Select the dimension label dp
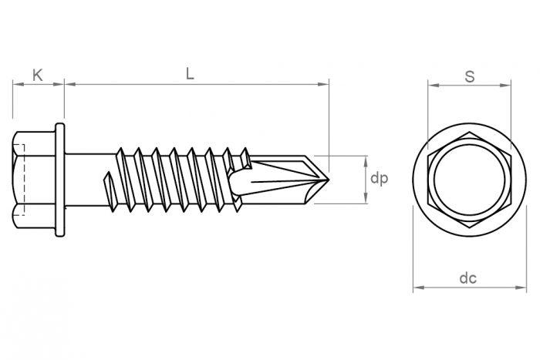pyautogui.click(x=378, y=179)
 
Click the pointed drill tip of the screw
pyautogui.click(x=326, y=179)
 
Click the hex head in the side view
pyautogui.click(x=32, y=179)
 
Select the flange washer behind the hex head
pyautogui.click(x=59, y=179)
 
